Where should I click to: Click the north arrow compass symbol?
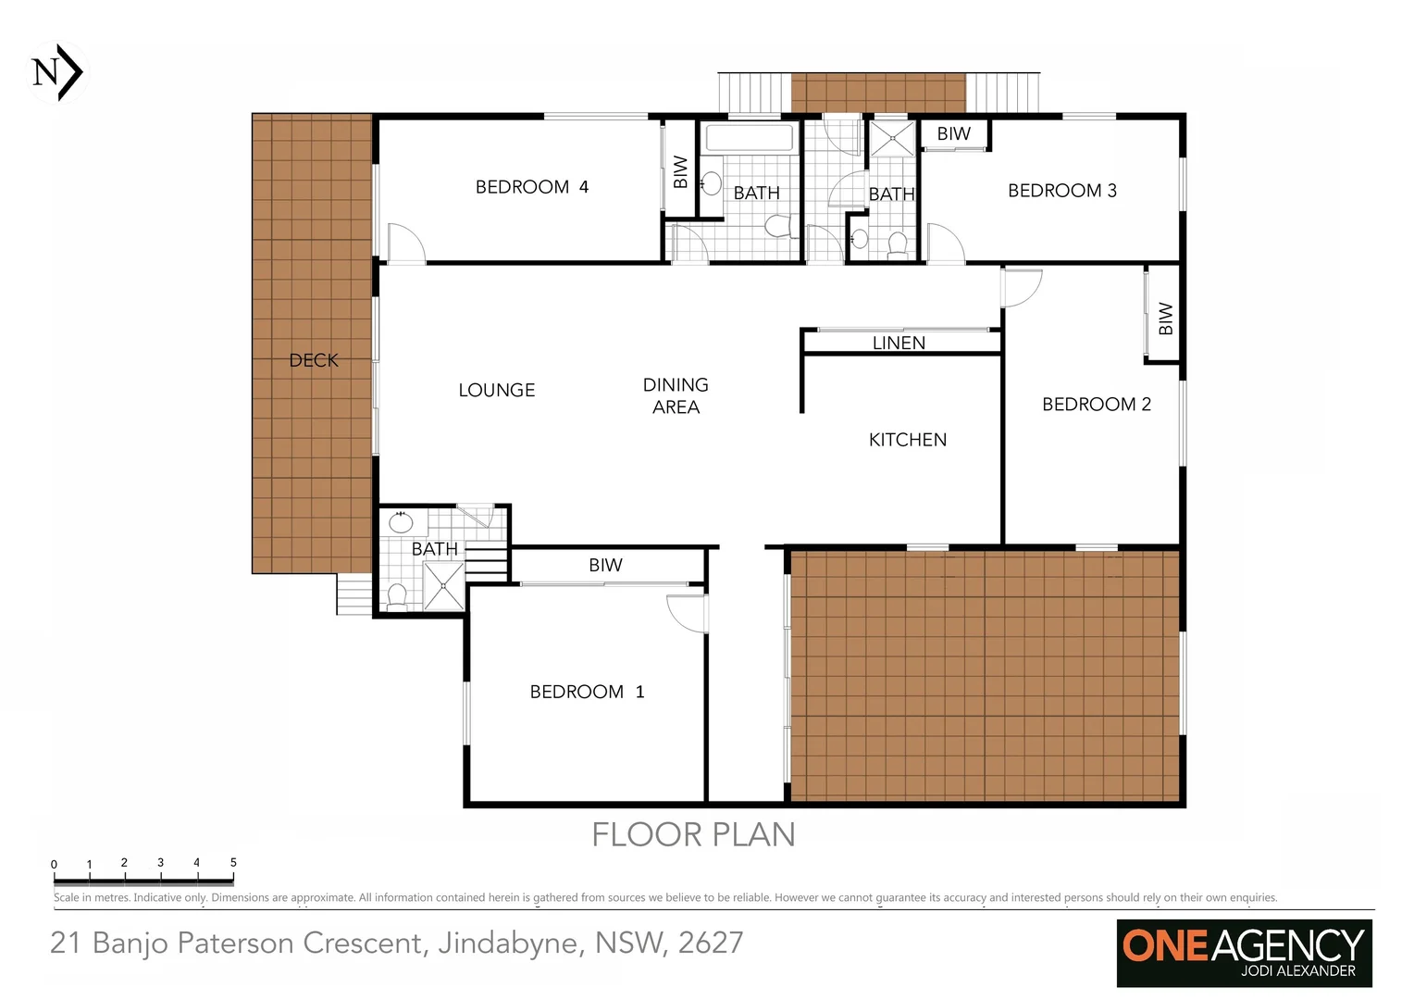(x=58, y=72)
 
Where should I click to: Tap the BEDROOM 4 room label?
(x=531, y=187)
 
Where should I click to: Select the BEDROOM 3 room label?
(x=1061, y=191)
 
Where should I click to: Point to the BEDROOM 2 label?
(x=1096, y=405)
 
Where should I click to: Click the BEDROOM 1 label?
(x=587, y=692)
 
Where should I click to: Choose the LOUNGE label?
(x=496, y=391)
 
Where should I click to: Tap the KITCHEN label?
(x=907, y=440)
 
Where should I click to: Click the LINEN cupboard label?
(x=899, y=343)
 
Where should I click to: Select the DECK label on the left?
(x=314, y=360)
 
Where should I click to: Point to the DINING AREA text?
(x=676, y=395)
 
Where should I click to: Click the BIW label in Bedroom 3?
(x=953, y=134)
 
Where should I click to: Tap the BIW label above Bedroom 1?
(x=605, y=565)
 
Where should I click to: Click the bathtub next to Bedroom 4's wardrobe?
(x=750, y=139)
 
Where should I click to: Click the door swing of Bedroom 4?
(x=405, y=243)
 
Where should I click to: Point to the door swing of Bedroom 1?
(x=688, y=613)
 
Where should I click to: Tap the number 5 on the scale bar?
(x=233, y=862)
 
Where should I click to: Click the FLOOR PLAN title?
(x=693, y=835)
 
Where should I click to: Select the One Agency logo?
(x=1243, y=952)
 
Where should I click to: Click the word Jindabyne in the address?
(x=508, y=943)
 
